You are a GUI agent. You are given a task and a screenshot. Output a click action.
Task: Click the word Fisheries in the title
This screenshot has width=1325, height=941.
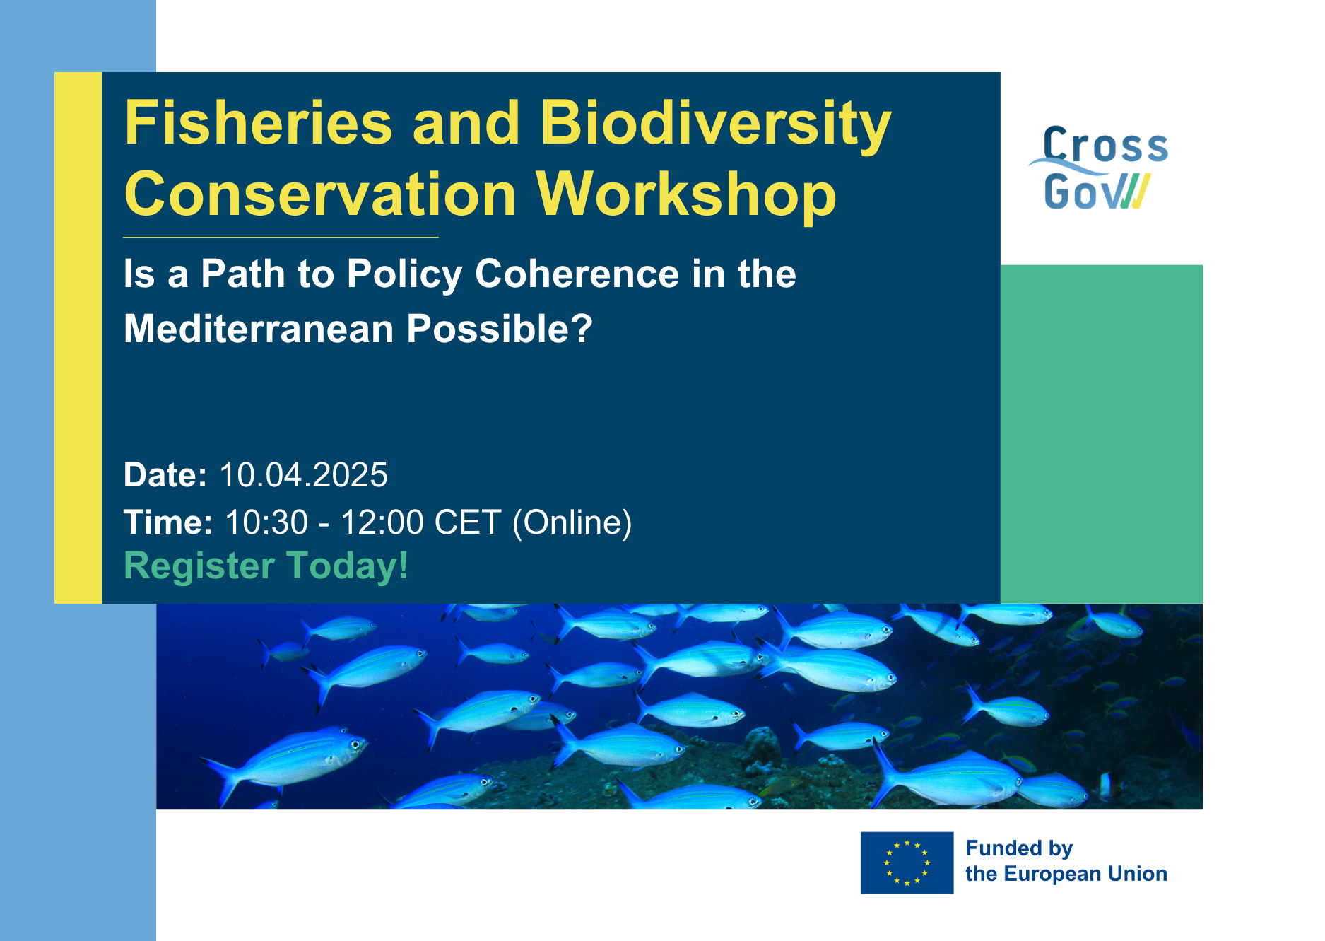coord(258,123)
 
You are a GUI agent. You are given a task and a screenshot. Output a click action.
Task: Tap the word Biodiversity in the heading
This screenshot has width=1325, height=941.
coord(715,126)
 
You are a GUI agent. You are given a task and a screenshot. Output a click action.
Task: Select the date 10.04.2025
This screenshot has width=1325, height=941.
coord(303,475)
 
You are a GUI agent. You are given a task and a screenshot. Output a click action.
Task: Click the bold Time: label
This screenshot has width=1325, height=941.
coord(168,522)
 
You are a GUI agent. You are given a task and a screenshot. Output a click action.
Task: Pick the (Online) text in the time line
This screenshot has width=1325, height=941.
coord(572,523)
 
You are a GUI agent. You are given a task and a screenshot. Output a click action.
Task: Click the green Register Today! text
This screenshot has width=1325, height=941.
coord(266,566)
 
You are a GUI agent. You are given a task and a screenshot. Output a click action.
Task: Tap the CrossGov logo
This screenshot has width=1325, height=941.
coord(1099,168)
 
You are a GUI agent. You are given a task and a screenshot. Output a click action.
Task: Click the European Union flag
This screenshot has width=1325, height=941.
coord(907,863)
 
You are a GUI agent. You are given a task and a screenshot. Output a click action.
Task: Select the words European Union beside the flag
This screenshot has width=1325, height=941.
coord(1085,874)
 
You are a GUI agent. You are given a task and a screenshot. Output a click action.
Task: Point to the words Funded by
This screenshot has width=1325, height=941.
coord(1019,848)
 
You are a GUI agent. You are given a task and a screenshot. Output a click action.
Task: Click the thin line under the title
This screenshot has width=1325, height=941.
coord(281,237)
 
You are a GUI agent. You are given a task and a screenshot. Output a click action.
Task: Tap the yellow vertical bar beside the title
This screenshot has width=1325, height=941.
coord(78,337)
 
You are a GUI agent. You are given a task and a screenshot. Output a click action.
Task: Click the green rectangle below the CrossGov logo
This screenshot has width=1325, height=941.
coord(1101,434)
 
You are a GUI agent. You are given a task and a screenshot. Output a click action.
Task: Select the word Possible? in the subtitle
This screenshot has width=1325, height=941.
coord(500,329)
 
